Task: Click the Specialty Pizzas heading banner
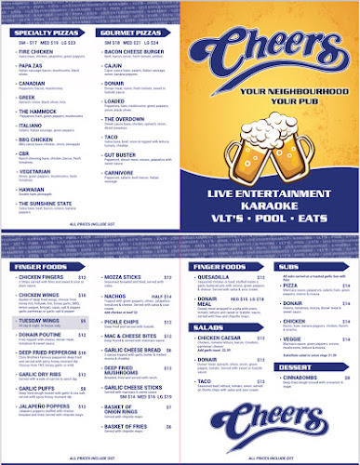pyautogui.click(x=46, y=32)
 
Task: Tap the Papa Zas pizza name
pyautogui.click(x=32, y=65)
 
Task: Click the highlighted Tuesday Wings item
pyautogui.click(x=39, y=319)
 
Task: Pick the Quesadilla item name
pyautogui.click(x=216, y=275)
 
